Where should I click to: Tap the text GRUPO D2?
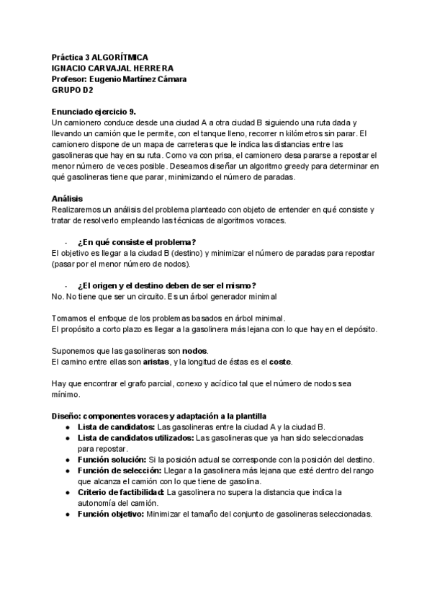point(73,90)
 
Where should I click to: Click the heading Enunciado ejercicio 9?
point(94,112)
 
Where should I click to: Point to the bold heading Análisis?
point(68,197)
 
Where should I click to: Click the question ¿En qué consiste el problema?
point(137,241)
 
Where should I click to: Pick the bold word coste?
point(279,362)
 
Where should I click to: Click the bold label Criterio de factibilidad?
point(121,492)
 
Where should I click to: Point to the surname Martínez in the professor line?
point(143,79)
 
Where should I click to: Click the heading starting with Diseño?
point(158,416)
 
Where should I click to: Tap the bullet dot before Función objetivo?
point(67,514)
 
